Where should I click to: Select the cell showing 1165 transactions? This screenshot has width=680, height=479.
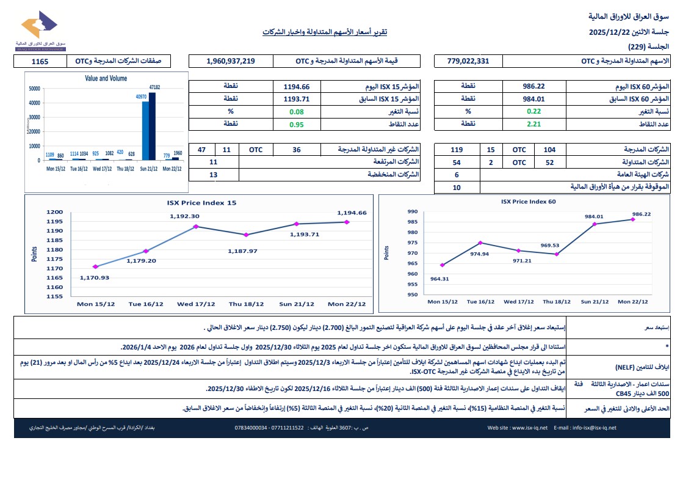[x=40, y=61]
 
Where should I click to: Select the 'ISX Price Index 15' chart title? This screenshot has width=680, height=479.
[x=201, y=202]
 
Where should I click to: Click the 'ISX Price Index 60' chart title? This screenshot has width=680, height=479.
[x=528, y=201]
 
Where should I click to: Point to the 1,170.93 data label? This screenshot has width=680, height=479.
[x=94, y=278]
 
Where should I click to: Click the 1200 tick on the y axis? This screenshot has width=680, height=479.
[x=55, y=212]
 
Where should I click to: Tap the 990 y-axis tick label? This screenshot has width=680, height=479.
[x=412, y=211]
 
